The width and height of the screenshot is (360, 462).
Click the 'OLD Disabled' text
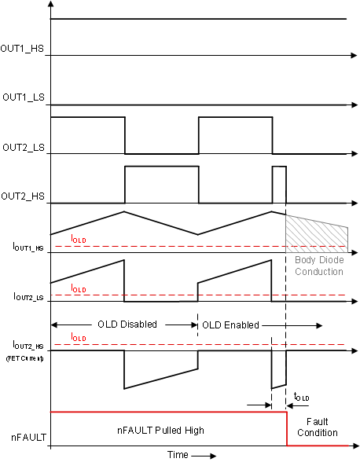(127, 324)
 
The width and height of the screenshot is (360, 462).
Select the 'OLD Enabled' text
(233, 324)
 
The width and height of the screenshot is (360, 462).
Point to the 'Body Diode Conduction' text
(319, 266)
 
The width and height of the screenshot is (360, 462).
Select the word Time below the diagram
(178, 454)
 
